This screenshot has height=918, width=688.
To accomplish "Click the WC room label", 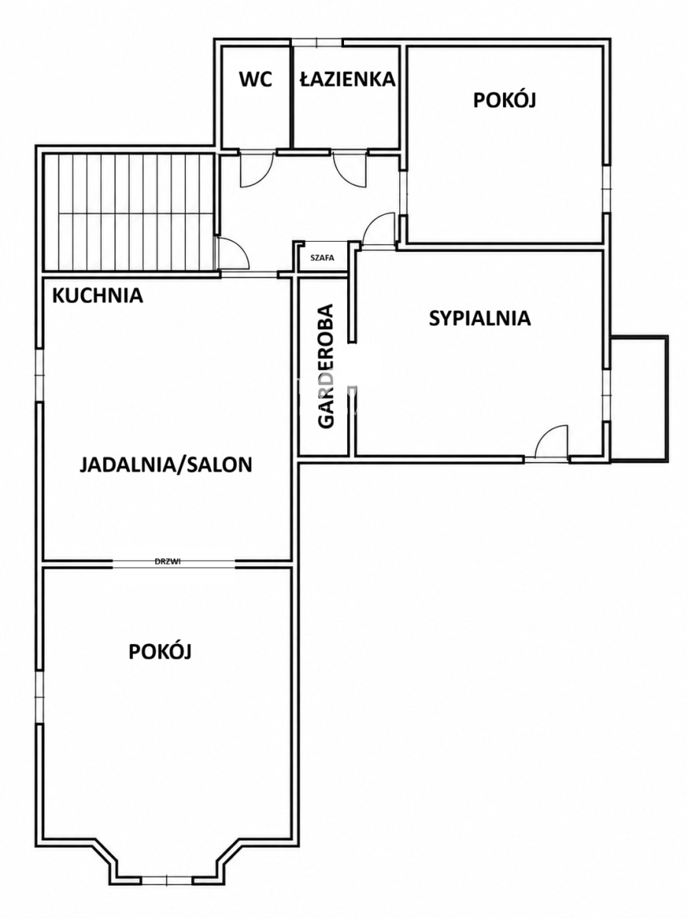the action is click(255, 79).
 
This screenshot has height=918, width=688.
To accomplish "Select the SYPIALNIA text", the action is click(480, 318).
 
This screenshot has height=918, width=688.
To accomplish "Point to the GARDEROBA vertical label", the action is click(326, 366).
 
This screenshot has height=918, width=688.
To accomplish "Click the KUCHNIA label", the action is click(98, 296).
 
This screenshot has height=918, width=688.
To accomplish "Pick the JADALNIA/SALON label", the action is click(166, 464).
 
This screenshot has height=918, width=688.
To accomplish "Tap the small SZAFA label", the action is click(322, 258).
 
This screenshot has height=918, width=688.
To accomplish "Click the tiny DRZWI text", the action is click(167, 562).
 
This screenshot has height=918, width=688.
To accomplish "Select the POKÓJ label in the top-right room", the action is click(505, 99).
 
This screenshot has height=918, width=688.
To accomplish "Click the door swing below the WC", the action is click(257, 169).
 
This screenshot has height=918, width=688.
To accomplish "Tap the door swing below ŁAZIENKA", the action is click(350, 169).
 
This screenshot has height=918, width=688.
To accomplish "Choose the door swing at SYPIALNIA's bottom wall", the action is click(552, 441).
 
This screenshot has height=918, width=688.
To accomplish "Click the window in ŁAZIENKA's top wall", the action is click(317, 42).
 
